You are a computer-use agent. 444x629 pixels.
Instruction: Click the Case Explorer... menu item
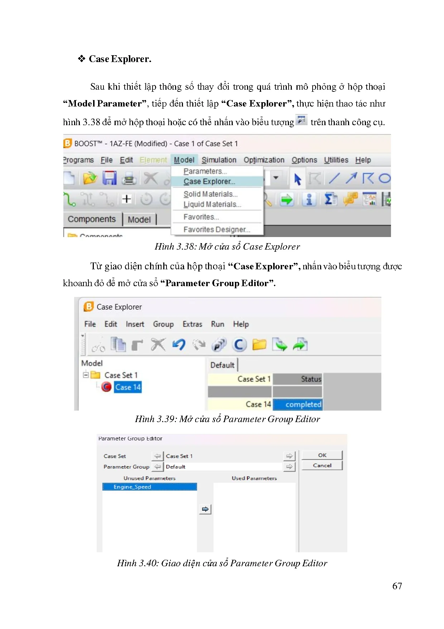pos(209,181)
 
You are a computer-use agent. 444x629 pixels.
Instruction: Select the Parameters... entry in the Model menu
pos(205,171)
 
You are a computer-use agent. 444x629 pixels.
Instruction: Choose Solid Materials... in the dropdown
pos(211,194)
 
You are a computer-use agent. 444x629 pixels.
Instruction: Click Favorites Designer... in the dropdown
pos(217,230)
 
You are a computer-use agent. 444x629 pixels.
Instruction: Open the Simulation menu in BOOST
pos(219,160)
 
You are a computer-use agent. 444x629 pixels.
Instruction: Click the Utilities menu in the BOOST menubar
pos(336,160)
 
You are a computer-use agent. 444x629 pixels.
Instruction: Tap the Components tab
pos(92,219)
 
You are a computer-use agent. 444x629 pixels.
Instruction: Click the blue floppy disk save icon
pos(110,178)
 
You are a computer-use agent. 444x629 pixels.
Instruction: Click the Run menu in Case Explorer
pos(217,324)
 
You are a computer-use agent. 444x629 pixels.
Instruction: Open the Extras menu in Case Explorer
pos(192,324)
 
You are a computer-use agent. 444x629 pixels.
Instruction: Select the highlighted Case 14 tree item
pos(128,387)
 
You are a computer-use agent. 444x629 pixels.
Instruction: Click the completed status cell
pos(298,404)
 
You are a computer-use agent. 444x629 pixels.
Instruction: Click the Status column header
pos(298,379)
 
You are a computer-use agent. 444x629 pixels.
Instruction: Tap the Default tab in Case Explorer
pos(222,365)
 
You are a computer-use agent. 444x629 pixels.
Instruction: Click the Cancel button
pos(322,465)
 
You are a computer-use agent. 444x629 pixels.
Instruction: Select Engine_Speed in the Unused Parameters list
pos(150,487)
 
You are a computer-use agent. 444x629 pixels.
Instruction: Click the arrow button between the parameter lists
pos(205,509)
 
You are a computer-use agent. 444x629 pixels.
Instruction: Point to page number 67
pos(397,586)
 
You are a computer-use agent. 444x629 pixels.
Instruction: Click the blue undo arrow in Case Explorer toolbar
pos(179,345)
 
